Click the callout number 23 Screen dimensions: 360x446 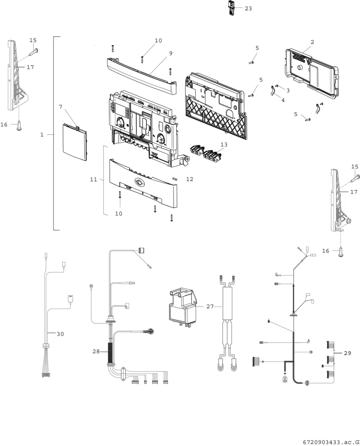point(248,9)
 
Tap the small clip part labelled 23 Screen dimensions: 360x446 point(231,8)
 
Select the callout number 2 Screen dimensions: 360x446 point(312,42)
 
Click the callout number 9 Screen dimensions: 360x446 point(171,53)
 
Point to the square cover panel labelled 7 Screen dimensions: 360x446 point(75,142)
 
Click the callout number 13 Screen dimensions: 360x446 point(224,145)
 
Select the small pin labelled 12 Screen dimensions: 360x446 point(175,179)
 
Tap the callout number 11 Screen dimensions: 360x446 point(94,179)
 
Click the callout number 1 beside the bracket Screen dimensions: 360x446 point(42,135)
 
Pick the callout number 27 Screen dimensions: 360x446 point(210,306)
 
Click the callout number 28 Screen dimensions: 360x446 point(96,351)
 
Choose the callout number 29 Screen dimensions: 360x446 point(347,353)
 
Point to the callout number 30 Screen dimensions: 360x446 point(60,334)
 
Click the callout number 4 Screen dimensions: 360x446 point(283,100)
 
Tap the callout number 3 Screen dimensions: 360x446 point(288,90)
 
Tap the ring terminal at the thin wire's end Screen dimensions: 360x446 point(91,286)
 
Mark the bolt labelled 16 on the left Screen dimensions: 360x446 point(19,126)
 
